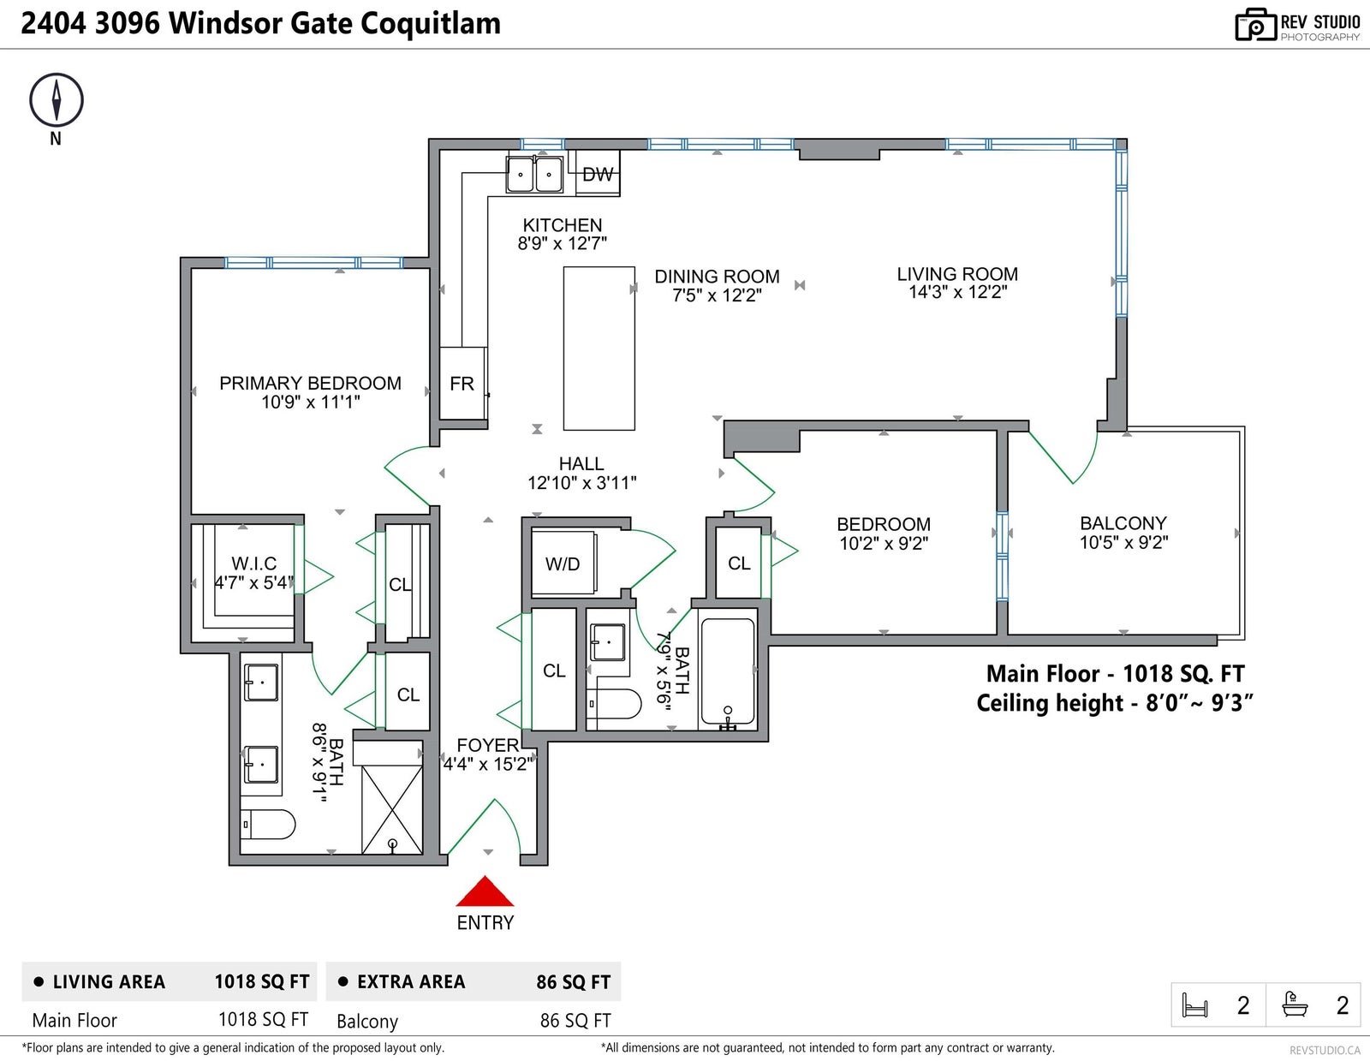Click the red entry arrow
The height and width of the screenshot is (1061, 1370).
coord(484,891)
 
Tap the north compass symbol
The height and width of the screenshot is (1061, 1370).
coord(57,99)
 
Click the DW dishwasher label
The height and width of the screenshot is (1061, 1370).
coord(598,175)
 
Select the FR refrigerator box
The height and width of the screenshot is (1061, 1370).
coord(462,383)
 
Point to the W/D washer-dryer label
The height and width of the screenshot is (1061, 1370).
coord(563,564)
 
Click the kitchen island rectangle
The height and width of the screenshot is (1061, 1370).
coord(599,348)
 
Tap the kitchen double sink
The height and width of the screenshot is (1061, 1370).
coord(534,174)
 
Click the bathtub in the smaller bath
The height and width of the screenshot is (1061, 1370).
coord(728,671)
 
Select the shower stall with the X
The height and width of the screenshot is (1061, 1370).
coord(391,809)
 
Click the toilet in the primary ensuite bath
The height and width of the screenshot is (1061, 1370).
coord(268,824)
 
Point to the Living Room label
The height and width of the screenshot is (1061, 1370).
coord(957,274)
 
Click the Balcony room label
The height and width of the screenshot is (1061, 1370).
coord(1123,523)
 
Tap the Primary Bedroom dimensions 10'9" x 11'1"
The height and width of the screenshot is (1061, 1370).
coord(310,402)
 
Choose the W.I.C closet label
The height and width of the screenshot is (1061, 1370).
coord(254,563)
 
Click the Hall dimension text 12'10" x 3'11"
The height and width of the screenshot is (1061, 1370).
coord(581,483)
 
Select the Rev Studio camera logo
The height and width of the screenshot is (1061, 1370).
coord(1255,25)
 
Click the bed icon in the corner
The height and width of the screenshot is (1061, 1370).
coord(1194,1005)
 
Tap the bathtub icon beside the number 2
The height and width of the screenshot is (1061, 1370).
coord(1295,1004)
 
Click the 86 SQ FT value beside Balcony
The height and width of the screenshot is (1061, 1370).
coord(575,1021)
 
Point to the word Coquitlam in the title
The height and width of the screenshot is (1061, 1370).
coord(431,24)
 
